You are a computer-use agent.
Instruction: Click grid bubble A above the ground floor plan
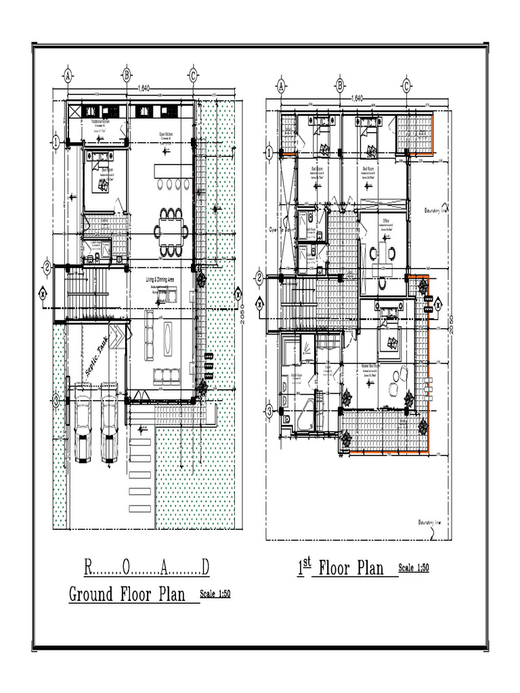(x=68, y=74)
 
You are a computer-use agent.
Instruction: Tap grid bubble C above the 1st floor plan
(x=406, y=85)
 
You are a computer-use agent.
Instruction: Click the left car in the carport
(x=83, y=428)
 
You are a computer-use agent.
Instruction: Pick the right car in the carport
(x=110, y=428)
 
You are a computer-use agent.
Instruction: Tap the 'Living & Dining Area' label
(x=161, y=280)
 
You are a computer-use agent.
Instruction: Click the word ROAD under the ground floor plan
(x=146, y=566)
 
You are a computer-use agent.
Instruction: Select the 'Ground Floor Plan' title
(x=127, y=594)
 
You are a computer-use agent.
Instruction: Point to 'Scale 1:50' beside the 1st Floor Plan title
(x=414, y=568)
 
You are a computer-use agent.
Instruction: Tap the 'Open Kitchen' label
(x=166, y=134)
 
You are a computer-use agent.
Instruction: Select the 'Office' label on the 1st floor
(x=385, y=221)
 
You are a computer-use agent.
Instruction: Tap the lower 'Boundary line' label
(x=429, y=522)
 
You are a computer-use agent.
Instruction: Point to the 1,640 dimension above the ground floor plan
(x=144, y=87)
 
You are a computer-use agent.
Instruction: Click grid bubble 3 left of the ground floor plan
(x=56, y=400)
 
